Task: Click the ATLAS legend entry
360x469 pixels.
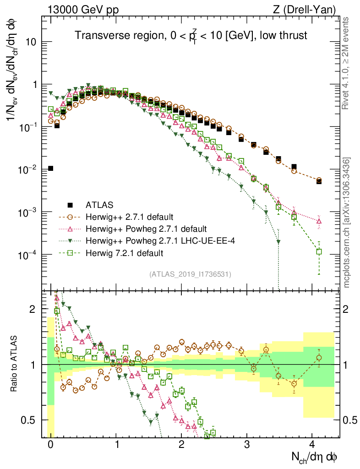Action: coord(100,205)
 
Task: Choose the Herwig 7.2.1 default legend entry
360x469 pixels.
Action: coord(125,253)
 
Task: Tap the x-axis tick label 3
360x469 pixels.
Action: coord(247,446)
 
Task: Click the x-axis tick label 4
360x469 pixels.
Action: coord(312,446)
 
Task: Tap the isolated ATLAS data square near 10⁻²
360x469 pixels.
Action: coord(50,169)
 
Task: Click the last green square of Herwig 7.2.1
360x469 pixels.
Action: coord(319,251)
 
